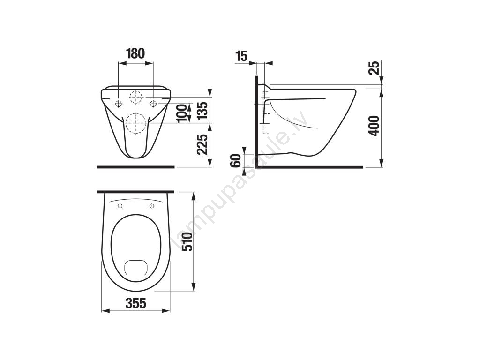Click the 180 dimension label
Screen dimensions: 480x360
coord(135,53)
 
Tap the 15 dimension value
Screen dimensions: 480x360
coord(241,56)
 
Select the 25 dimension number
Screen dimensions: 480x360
coord(374,68)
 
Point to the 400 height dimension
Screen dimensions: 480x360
coord(374,126)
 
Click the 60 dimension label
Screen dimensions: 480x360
coord(236,161)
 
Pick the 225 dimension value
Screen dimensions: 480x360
coord(202,144)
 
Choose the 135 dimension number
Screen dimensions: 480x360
coord(202,110)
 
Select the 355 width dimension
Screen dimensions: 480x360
coord(136,303)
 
